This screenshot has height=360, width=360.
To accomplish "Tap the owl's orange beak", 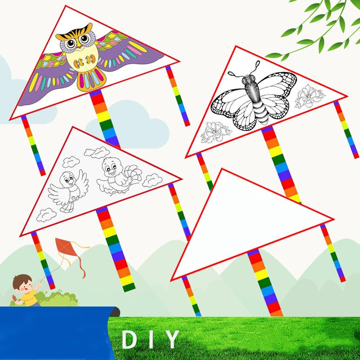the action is point(79,47).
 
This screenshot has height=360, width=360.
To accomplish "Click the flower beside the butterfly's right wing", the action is point(309,96).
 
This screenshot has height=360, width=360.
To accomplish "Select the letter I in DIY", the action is point(151,339).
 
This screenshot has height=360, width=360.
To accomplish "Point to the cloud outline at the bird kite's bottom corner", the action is point(46,215).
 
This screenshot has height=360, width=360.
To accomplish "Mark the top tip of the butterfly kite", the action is point(235,46).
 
